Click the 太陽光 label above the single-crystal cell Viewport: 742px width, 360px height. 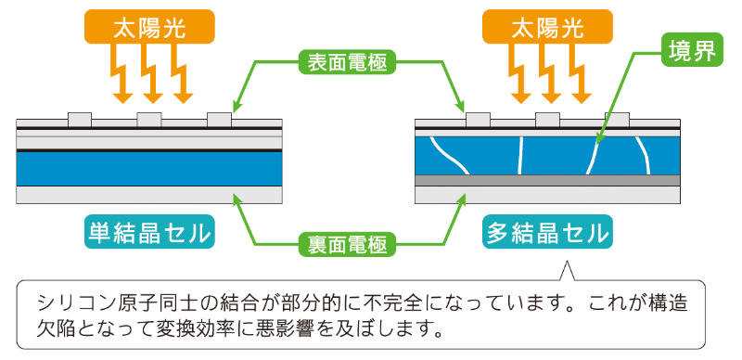[149, 27]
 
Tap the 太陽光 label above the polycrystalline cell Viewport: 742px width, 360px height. [547, 27]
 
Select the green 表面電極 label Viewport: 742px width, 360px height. [347, 61]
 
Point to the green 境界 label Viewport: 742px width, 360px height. [692, 49]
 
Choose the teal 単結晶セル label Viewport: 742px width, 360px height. [149, 232]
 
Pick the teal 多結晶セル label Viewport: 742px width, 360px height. [547, 232]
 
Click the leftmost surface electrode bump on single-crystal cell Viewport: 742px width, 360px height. [80, 120]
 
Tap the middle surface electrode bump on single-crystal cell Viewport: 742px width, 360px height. [149, 120]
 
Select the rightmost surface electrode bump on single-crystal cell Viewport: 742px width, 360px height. [219, 120]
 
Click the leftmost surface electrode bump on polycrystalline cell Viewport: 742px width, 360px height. [478, 120]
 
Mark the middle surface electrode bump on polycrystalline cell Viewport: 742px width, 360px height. [547, 120]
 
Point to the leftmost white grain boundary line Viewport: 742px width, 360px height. [447, 154]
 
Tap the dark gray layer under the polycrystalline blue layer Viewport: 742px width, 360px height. [548, 181]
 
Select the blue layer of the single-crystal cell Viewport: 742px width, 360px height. [149, 169]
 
